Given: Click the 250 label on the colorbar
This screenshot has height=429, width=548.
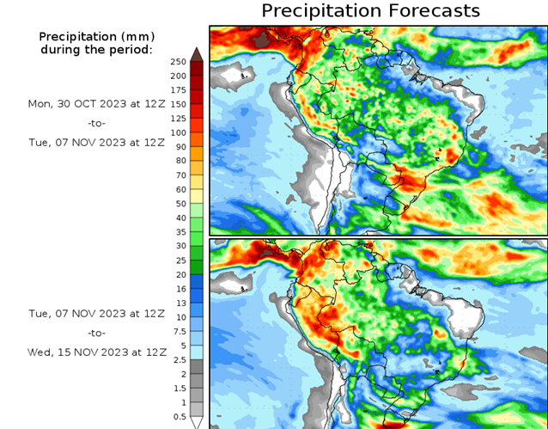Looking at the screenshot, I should (178, 62).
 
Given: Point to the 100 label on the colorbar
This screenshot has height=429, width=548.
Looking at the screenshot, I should (178, 132).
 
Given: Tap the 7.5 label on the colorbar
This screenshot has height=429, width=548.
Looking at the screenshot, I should (178, 331).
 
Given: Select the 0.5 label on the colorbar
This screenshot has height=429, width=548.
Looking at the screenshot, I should (178, 416).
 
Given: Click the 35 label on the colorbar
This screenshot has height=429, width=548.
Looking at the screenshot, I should (178, 232).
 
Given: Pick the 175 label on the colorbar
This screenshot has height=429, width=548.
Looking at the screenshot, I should (178, 90).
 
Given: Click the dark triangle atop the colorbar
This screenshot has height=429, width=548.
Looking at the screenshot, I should (197, 54).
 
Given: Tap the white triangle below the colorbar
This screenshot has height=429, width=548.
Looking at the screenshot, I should (197, 422).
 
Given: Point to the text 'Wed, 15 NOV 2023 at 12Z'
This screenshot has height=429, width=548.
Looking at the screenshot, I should (96, 352).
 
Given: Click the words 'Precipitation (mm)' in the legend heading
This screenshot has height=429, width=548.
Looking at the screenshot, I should (96, 37).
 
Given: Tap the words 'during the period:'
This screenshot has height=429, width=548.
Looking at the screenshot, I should (96, 50).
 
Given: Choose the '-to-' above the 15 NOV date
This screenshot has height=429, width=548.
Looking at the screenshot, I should (96, 332).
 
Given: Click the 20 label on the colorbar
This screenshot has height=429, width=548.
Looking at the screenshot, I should (178, 274).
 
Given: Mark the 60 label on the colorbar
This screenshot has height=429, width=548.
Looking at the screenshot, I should (178, 189).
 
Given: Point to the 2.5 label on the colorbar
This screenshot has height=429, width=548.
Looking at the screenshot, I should (178, 359).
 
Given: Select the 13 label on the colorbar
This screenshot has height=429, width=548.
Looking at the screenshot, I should (178, 303).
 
